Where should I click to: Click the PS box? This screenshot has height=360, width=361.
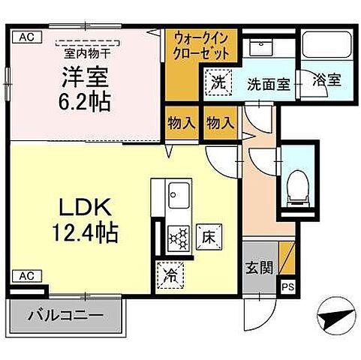(287, 286)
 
